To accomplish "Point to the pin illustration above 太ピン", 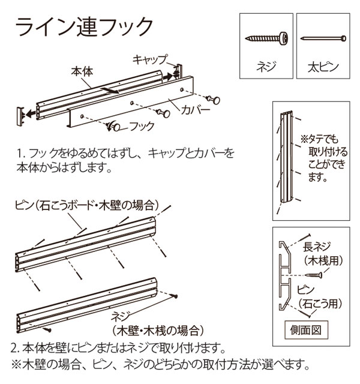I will [x=323, y=38].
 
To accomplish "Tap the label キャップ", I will [x=149, y=59].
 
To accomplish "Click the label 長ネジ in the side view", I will [x=317, y=247].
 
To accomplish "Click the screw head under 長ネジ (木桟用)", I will [x=319, y=275].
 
